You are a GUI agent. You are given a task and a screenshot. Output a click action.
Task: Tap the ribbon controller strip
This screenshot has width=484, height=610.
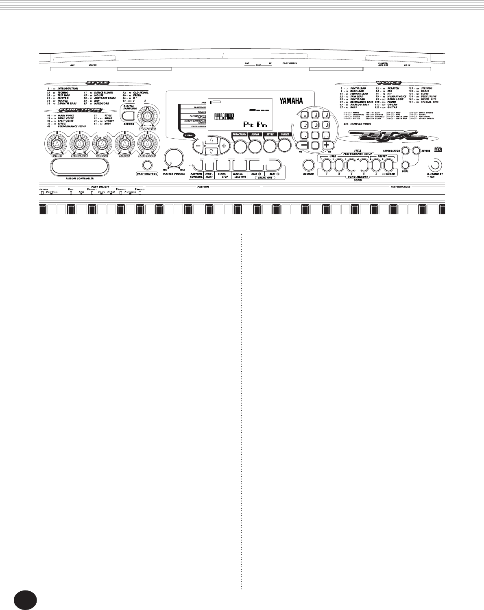click(x=80, y=166)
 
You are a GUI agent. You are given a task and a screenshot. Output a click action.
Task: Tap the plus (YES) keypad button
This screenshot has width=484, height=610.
click(x=326, y=145)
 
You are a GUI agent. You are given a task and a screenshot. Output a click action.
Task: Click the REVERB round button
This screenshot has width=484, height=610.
click(x=416, y=151)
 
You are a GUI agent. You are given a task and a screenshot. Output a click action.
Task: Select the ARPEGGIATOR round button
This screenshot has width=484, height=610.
click(x=405, y=151)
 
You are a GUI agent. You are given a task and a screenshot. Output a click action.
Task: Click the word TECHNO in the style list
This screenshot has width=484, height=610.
click(x=63, y=93)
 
